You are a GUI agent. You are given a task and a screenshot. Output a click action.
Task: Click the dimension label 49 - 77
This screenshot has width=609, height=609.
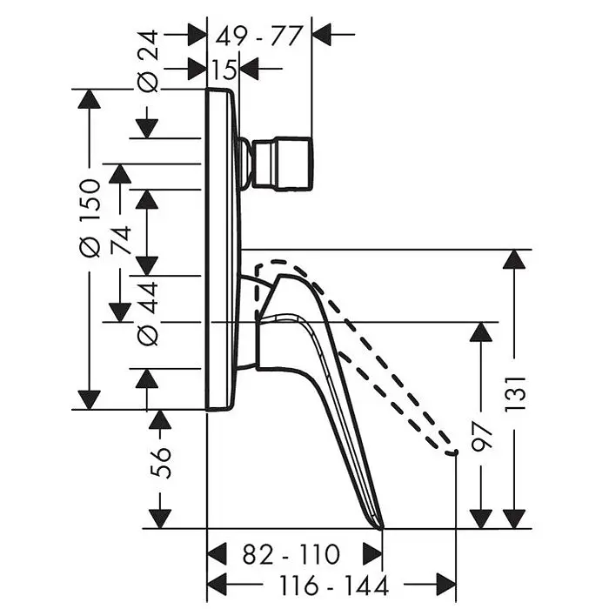click(x=258, y=37)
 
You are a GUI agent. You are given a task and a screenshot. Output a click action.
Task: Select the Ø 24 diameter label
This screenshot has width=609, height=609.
click(x=149, y=62)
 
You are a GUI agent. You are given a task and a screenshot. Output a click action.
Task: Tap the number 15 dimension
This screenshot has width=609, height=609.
click(x=224, y=70)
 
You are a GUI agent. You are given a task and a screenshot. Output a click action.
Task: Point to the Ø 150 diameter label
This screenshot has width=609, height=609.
click(x=90, y=217)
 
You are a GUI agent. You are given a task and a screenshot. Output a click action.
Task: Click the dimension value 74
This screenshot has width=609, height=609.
click(x=120, y=240)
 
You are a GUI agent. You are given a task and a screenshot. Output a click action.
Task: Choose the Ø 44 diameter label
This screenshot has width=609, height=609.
click(x=149, y=313)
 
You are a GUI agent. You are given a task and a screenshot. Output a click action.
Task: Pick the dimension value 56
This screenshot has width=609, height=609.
click(x=160, y=463)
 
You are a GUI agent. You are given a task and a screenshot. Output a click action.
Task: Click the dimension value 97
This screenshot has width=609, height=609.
click(x=482, y=437)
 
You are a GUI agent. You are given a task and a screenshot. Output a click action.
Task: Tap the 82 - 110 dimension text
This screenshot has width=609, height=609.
click(x=291, y=554)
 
